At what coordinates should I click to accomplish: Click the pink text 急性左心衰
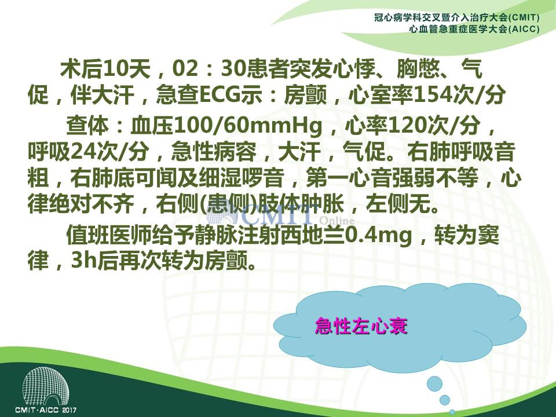361,326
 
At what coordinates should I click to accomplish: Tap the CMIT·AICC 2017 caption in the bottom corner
46,410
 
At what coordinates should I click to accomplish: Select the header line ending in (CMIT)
457,17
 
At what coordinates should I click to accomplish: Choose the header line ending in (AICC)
474,29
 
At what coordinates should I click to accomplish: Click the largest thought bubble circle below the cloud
435,383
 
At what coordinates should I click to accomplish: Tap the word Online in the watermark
337,221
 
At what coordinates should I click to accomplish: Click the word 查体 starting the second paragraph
87,126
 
